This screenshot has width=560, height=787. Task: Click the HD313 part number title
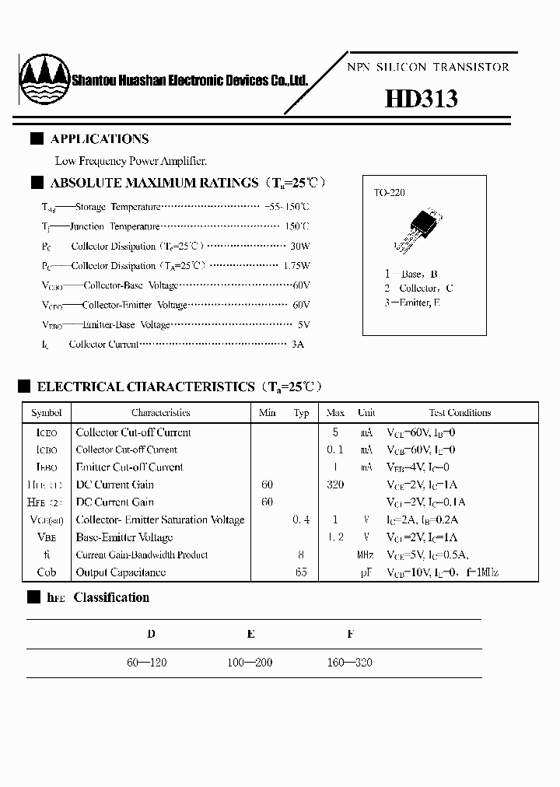(x=421, y=100)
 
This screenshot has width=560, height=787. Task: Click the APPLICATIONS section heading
(x=99, y=139)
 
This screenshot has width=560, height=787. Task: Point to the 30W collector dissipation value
(x=299, y=247)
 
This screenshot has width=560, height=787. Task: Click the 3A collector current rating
(x=298, y=344)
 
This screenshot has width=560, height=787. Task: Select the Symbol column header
(x=46, y=413)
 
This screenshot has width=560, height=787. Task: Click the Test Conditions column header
(x=460, y=413)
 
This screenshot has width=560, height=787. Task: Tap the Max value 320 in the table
(x=335, y=484)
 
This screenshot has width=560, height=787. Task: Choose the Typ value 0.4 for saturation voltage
(x=301, y=519)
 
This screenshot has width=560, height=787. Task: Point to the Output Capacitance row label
(x=121, y=572)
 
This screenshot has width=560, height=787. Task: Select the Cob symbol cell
(x=46, y=572)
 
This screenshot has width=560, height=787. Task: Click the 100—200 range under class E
(x=250, y=663)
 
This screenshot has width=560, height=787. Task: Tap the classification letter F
(x=350, y=634)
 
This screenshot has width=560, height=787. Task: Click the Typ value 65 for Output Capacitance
(x=301, y=572)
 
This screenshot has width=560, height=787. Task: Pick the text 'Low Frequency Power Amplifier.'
(x=131, y=161)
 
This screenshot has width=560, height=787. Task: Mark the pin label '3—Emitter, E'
(x=412, y=302)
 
